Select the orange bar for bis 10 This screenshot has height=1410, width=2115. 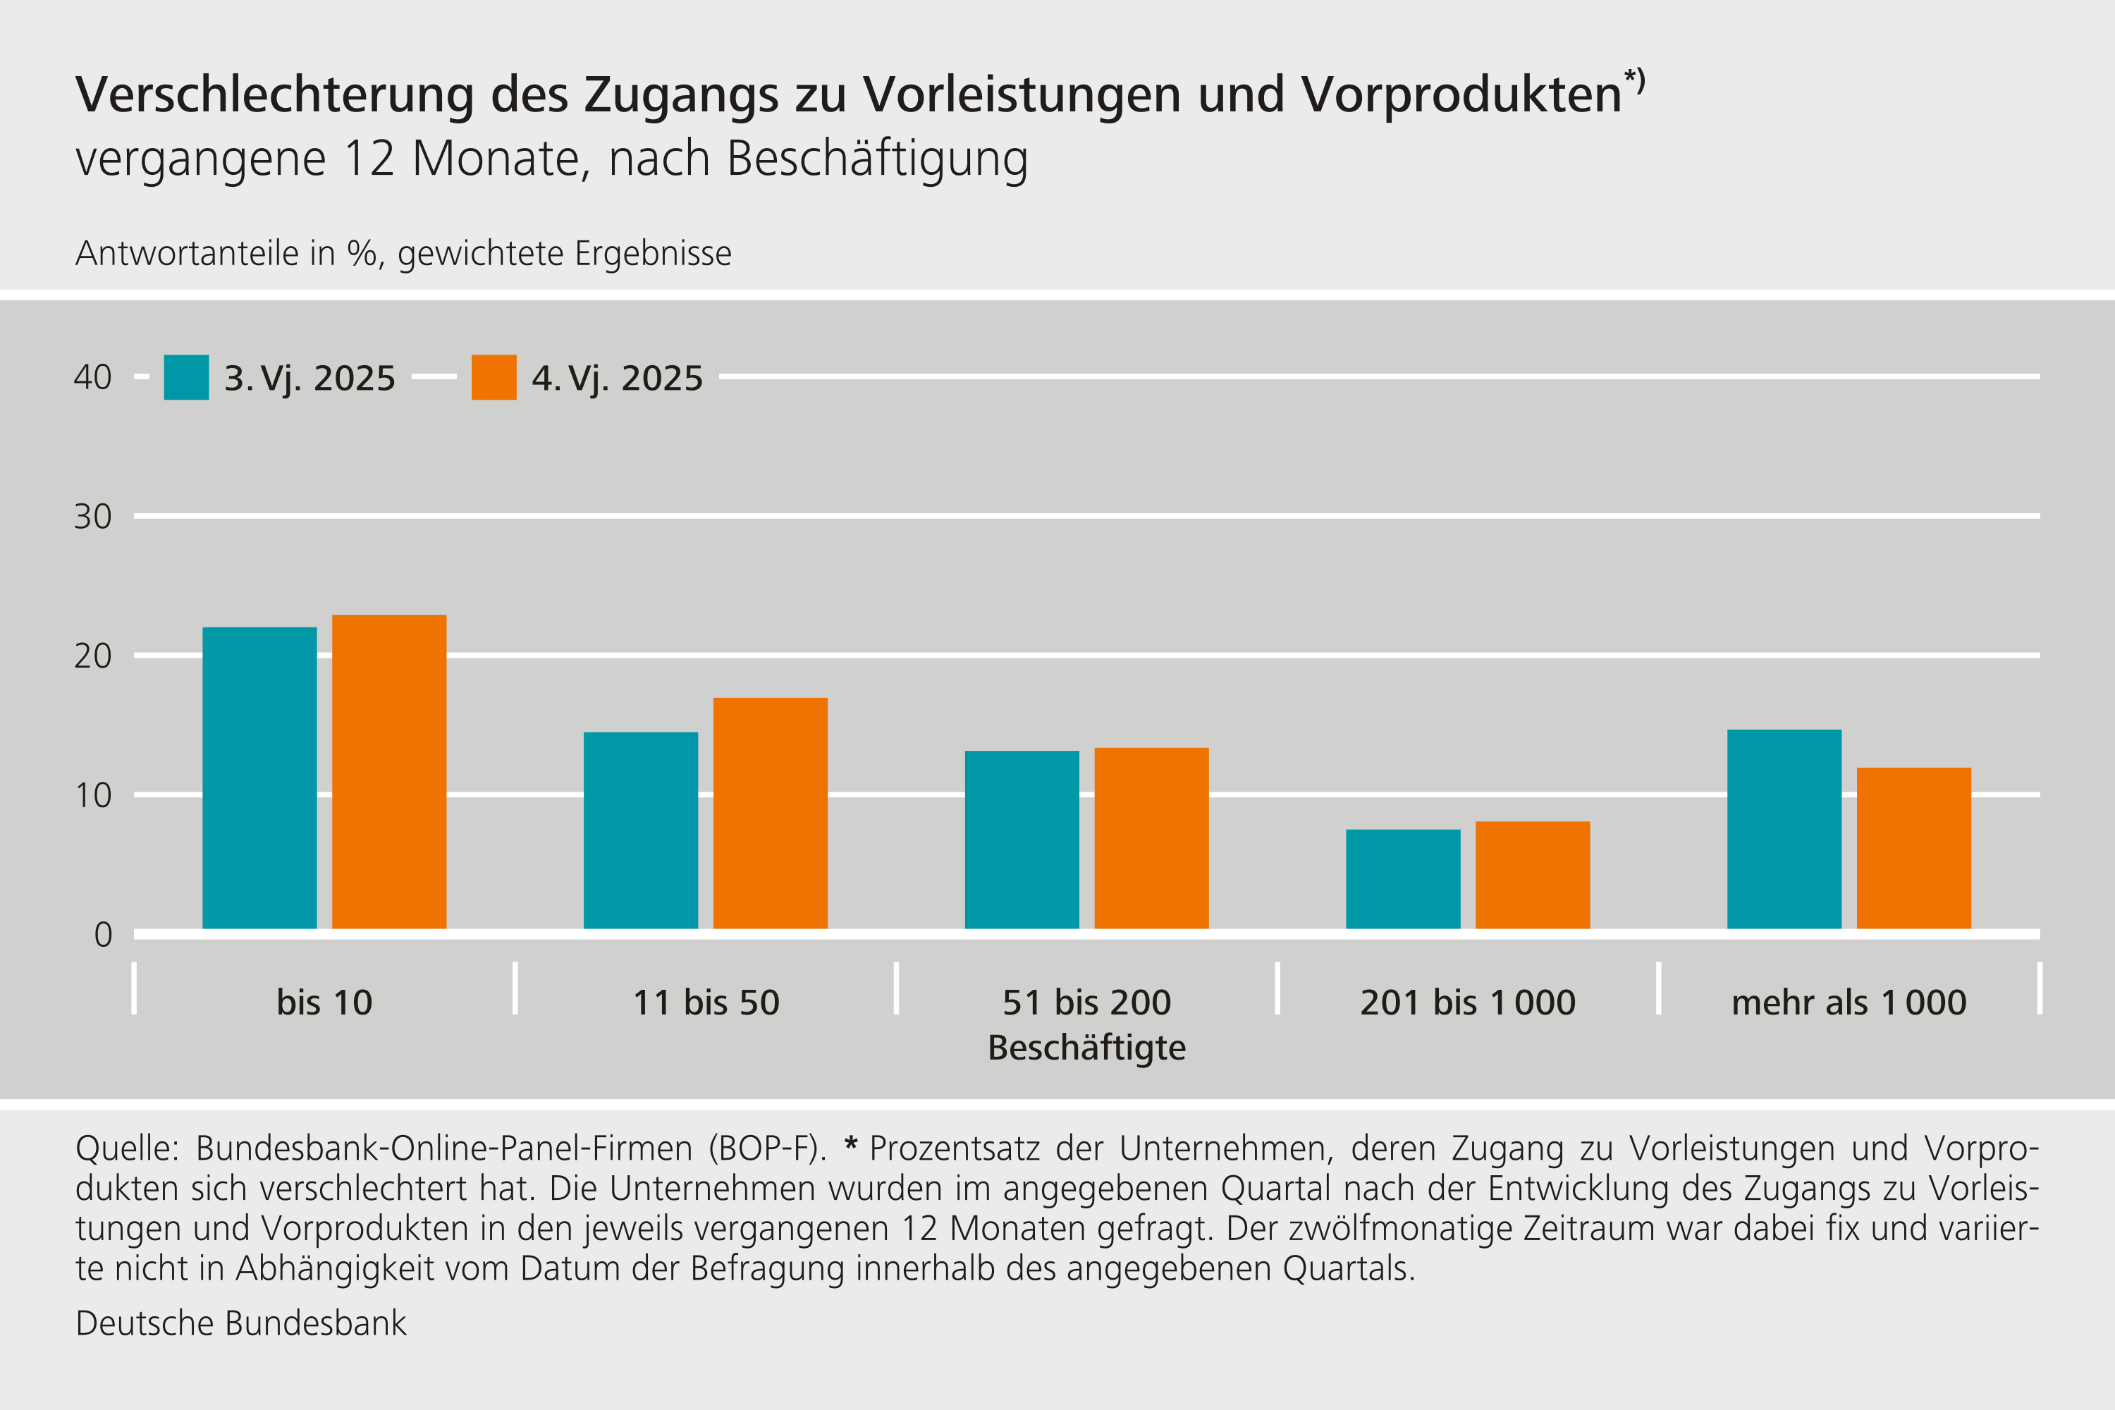(x=388, y=771)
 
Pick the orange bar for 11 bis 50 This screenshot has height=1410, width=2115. (x=770, y=813)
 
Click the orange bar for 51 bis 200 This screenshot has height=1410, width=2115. (x=1151, y=838)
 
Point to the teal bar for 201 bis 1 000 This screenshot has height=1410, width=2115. (x=1403, y=878)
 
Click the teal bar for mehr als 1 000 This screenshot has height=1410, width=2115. (x=1784, y=829)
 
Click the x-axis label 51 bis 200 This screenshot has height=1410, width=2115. (x=1086, y=1003)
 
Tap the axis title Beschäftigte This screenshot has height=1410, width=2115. (x=1086, y=1048)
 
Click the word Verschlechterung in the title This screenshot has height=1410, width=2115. (x=274, y=94)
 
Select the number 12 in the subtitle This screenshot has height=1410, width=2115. (x=369, y=159)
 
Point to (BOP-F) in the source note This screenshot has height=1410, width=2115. (x=766, y=1149)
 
